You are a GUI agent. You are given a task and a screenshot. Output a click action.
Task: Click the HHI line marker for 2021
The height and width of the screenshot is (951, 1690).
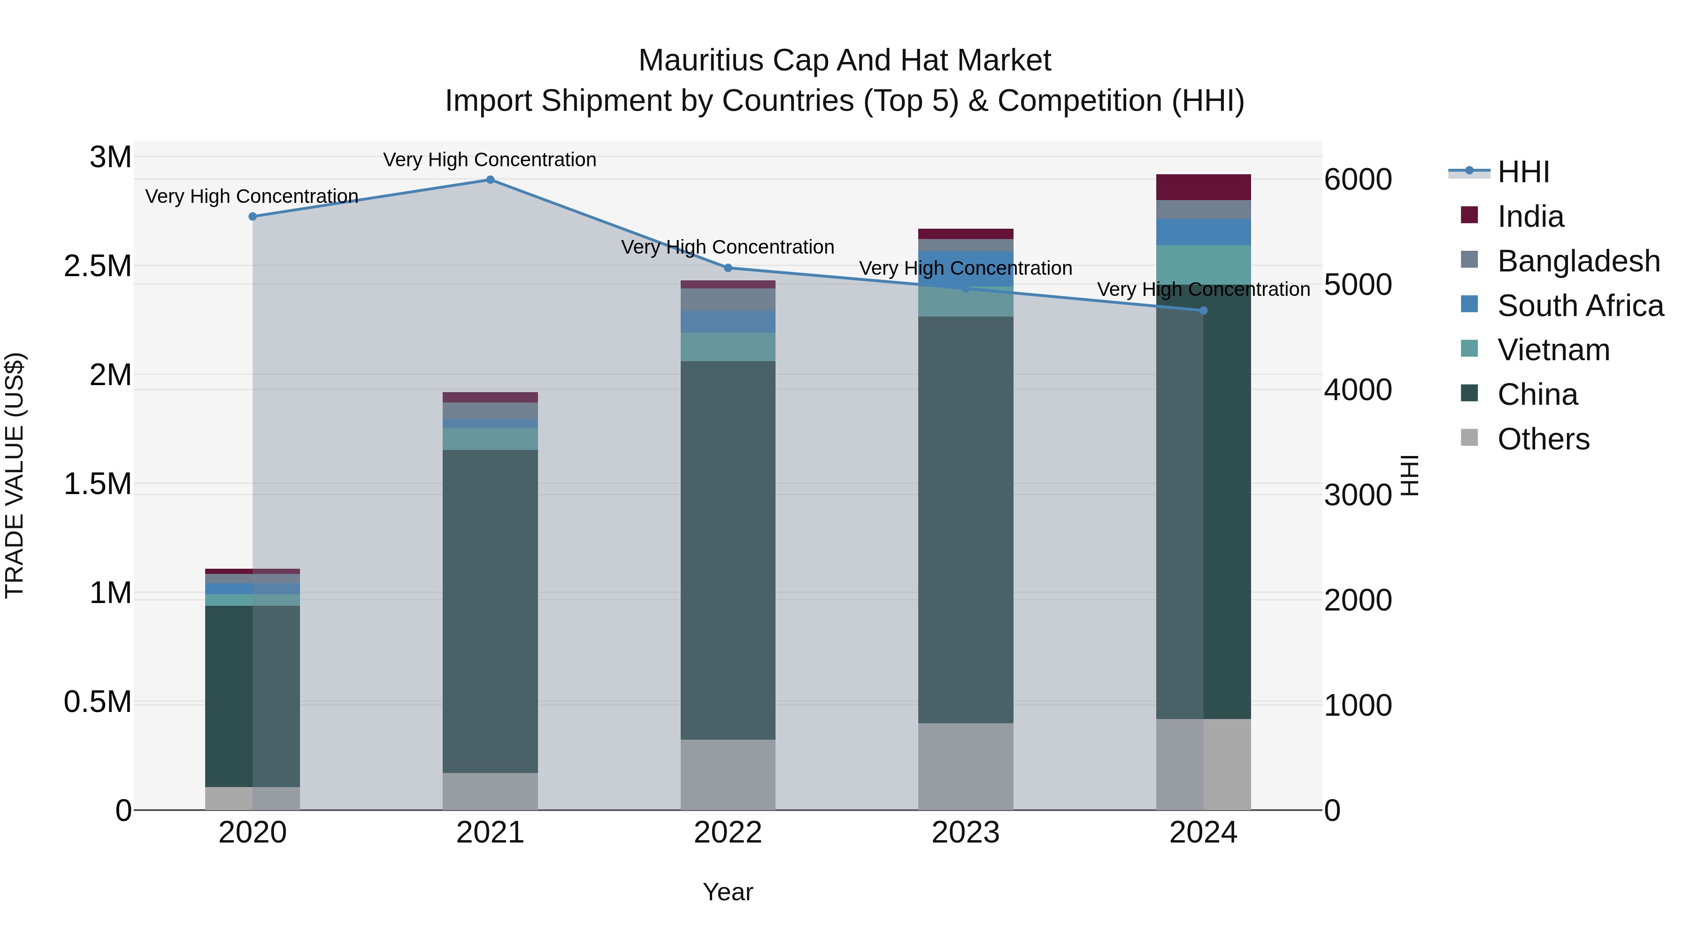point(490,180)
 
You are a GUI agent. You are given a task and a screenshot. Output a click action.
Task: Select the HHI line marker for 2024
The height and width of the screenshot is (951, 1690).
point(1203,311)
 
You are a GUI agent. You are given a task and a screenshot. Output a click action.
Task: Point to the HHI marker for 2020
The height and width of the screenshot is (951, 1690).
point(253,216)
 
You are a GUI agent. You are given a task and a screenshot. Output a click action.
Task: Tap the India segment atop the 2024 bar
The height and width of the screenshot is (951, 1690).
point(1203,187)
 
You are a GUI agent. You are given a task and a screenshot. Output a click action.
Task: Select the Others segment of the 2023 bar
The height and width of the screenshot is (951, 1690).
point(965,766)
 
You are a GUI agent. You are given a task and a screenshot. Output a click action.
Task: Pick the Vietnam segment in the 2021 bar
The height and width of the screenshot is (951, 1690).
point(490,439)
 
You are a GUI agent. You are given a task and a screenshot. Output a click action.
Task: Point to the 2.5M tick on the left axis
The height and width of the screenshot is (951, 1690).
point(98,266)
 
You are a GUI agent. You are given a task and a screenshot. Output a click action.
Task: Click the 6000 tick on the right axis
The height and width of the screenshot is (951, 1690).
point(1357,180)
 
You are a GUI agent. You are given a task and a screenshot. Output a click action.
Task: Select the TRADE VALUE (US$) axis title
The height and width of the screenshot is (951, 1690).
point(15,475)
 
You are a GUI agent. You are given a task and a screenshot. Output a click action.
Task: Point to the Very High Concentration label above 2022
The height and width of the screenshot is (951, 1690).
point(728,247)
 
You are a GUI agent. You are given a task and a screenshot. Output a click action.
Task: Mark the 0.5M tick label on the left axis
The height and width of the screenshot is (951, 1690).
point(98,702)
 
